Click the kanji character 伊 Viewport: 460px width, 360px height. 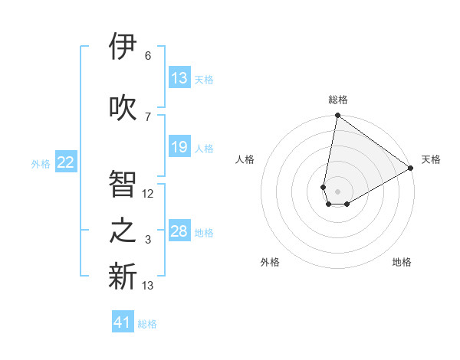tap(123, 47)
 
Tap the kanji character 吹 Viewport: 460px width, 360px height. tap(123, 108)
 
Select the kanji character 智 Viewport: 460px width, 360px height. tap(123, 185)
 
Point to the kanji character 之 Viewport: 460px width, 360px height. tap(123, 231)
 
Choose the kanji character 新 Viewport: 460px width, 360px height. tap(123, 277)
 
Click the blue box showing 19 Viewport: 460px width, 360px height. tap(179, 147)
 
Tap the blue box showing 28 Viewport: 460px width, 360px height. tap(179, 231)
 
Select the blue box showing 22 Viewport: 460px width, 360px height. tap(66, 162)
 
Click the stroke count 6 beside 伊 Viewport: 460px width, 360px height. tap(148, 56)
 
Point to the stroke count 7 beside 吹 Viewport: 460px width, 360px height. tap(148, 117)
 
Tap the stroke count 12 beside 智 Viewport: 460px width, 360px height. tap(148, 194)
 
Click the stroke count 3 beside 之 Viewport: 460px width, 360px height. tap(148, 240)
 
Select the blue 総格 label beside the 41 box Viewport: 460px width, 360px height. tap(147, 324)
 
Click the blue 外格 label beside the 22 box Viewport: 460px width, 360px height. tap(41, 163)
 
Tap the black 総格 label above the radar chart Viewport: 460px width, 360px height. tap(337, 100)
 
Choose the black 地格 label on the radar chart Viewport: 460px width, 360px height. tap(402, 262)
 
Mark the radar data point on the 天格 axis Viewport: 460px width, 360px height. tap(411, 169)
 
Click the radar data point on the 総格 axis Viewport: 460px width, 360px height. tap(337, 116)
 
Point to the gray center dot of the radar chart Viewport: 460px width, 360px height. tap(337, 190)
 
